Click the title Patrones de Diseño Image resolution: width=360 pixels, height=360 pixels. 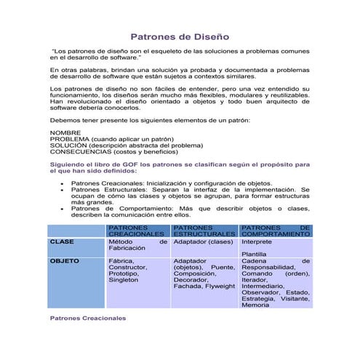coord(180,36)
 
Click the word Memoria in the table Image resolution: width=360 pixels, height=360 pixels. coord(255,305)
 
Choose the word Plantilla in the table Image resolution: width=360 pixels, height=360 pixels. coord(255,253)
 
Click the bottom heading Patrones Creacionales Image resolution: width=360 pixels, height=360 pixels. coord(87,319)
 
